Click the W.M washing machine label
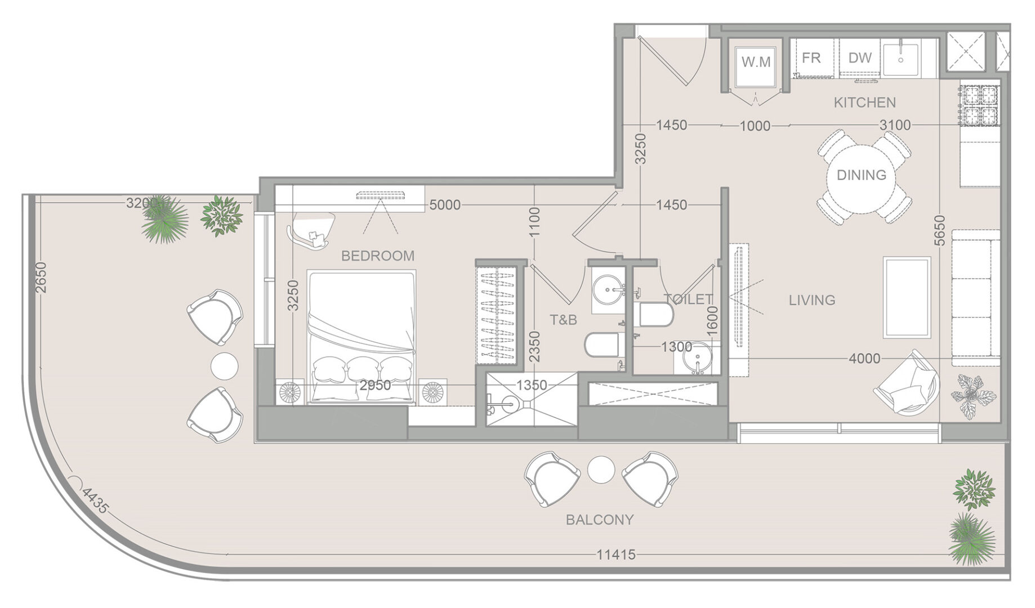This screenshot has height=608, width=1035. (756, 62)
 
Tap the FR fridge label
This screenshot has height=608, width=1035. (811, 57)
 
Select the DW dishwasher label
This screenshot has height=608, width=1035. (860, 57)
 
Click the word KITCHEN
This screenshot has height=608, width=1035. (864, 102)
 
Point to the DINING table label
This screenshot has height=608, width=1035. (862, 175)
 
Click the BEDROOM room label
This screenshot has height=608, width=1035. (378, 256)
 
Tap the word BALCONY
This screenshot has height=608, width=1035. (600, 520)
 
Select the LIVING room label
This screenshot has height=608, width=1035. (812, 300)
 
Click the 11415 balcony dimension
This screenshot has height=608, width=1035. (616, 555)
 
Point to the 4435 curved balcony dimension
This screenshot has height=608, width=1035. (94, 500)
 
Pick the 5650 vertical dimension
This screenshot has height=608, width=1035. (939, 231)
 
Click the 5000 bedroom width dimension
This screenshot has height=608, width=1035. (445, 205)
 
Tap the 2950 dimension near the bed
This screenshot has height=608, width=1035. (375, 386)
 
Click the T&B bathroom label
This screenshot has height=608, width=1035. (563, 320)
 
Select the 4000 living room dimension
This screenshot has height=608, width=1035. (864, 358)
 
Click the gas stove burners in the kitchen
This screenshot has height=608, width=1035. (980, 105)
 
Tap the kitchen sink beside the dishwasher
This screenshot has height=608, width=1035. (901, 57)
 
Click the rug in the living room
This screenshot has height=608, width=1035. (907, 297)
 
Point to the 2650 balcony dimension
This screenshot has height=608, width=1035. (41, 278)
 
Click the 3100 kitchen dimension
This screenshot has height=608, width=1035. (895, 125)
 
